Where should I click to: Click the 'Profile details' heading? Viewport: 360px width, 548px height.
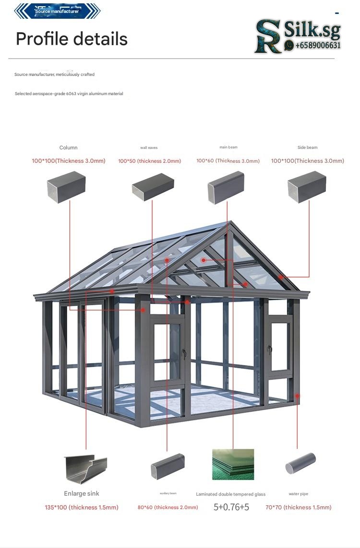[72, 39]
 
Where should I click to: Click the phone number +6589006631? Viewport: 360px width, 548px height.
[318, 46]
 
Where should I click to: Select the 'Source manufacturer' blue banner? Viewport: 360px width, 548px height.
[57, 11]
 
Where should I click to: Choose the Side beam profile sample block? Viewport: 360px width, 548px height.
[307, 187]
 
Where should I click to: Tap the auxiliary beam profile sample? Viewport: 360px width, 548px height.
[168, 465]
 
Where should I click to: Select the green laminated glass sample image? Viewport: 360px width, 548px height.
[233, 464]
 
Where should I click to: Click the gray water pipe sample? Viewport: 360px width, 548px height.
[300, 463]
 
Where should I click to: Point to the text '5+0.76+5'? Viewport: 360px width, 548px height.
[231, 507]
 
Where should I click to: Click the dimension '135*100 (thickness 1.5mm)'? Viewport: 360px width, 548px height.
[82, 507]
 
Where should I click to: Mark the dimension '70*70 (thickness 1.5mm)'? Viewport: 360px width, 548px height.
[298, 507]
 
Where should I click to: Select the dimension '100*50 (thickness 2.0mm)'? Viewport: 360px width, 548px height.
[150, 161]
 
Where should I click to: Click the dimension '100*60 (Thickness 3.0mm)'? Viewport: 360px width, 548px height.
[228, 161]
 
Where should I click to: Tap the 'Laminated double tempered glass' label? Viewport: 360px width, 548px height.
[230, 494]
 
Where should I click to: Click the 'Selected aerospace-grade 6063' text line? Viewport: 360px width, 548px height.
[69, 94]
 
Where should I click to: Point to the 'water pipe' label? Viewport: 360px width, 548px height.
[299, 494]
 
